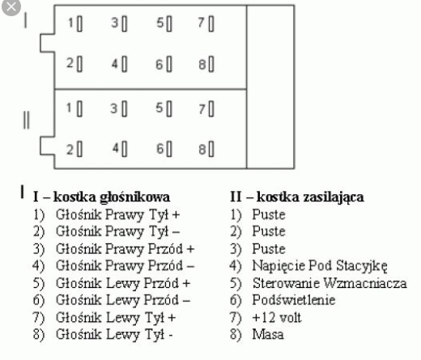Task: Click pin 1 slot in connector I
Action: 79,24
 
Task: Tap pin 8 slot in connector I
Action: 211,64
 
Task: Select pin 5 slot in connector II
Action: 169,109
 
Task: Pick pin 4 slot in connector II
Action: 124,149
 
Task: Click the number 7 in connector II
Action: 202,109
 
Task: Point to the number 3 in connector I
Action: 115,23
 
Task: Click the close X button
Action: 11,6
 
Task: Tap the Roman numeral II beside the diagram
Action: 26,120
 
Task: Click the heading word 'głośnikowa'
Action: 134,197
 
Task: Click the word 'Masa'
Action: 268,334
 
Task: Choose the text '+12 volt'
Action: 277,317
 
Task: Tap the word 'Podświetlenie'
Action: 294,300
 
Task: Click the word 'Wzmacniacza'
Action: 365,283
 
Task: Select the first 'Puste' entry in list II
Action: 269,214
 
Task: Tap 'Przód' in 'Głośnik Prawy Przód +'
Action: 165,248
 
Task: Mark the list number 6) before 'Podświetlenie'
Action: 236,300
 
